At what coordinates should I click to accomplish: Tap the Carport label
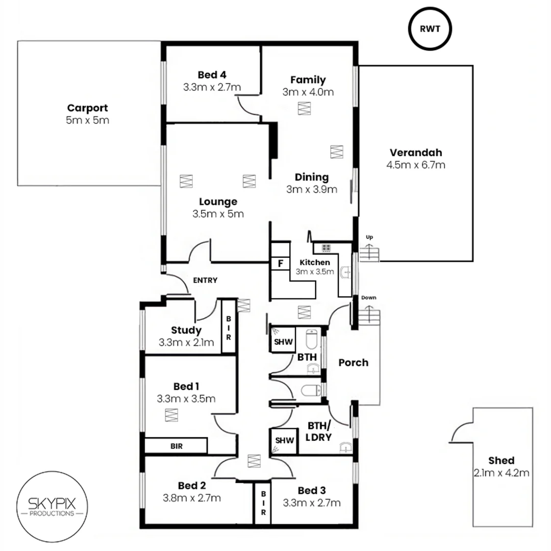point(87,108)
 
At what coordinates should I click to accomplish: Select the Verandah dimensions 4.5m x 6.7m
point(416,165)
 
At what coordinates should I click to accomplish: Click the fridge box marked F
point(280,264)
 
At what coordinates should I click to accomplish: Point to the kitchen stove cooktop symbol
point(325,248)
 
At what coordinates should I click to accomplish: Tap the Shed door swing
point(462,431)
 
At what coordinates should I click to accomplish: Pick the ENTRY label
point(205,280)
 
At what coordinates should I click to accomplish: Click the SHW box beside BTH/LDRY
point(282,440)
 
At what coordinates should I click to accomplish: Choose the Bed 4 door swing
point(247,106)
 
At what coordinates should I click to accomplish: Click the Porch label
point(353,363)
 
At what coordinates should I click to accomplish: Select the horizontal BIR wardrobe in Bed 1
point(176,445)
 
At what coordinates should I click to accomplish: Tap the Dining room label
point(311,178)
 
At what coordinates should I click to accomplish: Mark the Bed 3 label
point(311,490)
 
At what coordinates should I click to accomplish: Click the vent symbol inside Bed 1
point(171,415)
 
